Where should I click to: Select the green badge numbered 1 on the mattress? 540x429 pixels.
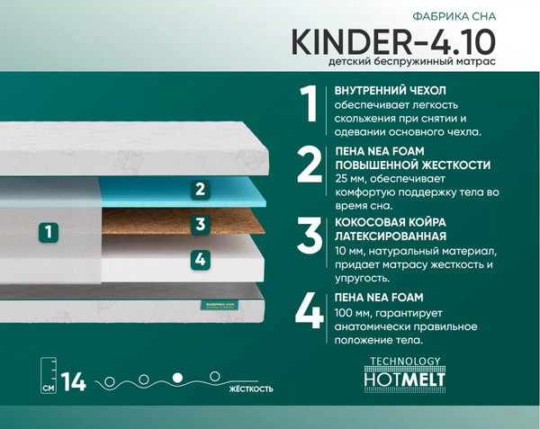click(49, 231)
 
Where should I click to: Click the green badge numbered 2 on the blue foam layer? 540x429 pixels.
click(201, 190)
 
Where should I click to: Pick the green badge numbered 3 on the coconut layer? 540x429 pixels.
click(201, 225)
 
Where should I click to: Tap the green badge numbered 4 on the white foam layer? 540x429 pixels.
click(201, 259)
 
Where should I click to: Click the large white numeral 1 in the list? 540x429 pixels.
click(309, 106)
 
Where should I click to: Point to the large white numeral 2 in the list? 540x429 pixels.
click(309, 165)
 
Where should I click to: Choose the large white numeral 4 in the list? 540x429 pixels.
click(309, 310)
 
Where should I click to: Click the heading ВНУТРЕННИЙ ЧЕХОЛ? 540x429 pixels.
click(390, 91)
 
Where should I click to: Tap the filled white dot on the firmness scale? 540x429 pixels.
click(177, 377)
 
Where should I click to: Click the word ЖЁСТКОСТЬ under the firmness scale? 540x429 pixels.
click(248, 389)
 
